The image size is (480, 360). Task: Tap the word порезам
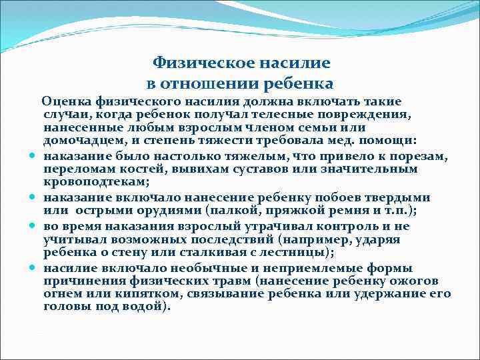point(423,156)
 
